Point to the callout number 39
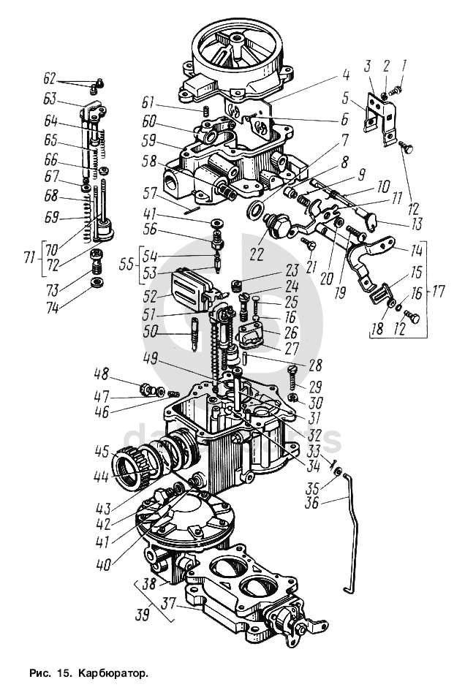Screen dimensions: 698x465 pos(143,615)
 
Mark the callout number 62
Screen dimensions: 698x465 pos(50,78)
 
